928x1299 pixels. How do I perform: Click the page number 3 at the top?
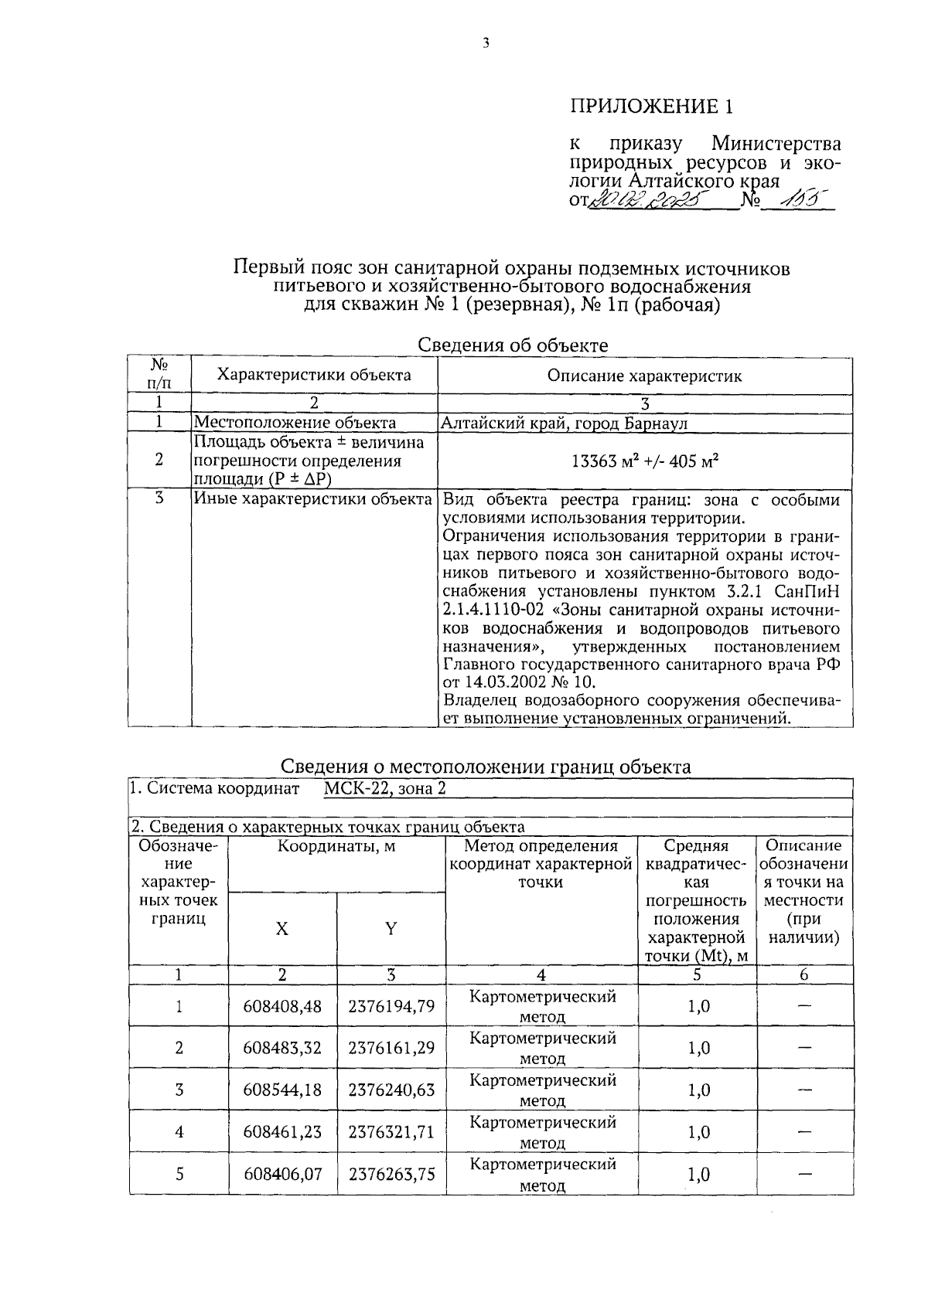486,44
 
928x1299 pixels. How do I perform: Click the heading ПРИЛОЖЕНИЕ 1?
650,106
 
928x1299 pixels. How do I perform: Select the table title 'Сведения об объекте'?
512,345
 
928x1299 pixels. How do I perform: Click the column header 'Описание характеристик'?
644,376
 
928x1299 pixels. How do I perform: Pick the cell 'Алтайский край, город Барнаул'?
564,423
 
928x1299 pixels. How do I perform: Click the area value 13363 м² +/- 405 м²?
645,461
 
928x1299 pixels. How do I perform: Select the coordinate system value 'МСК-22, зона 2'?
384,789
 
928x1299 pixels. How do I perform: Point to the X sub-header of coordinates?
282,929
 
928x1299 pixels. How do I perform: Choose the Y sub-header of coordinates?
391,929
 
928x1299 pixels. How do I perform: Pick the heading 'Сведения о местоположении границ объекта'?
485,767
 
